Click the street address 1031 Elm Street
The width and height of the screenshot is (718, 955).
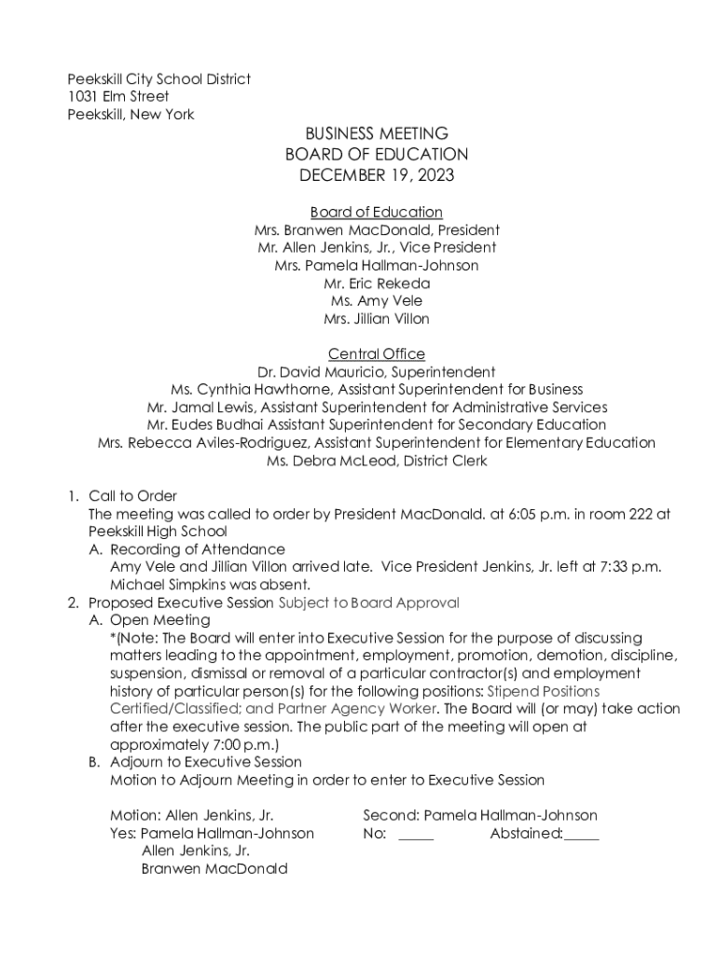(117, 97)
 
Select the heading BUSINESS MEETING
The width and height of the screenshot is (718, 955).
(377, 133)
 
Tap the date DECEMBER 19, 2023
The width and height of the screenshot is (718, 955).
(377, 174)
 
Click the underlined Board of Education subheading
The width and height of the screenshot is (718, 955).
(377, 213)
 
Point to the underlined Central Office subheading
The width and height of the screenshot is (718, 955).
(377, 354)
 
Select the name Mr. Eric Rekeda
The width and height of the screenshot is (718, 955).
(377, 284)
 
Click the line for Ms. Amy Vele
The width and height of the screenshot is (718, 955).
(377, 301)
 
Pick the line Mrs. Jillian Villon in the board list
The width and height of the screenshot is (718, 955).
(377, 319)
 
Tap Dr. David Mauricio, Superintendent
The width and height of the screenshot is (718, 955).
(377, 372)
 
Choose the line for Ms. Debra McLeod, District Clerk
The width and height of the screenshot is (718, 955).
(377, 461)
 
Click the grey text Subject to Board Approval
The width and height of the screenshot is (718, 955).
(369, 602)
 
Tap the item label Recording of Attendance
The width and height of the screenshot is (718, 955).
(198, 549)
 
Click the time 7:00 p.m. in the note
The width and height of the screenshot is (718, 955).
(245, 744)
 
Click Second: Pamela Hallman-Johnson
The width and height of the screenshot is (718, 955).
(479, 816)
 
